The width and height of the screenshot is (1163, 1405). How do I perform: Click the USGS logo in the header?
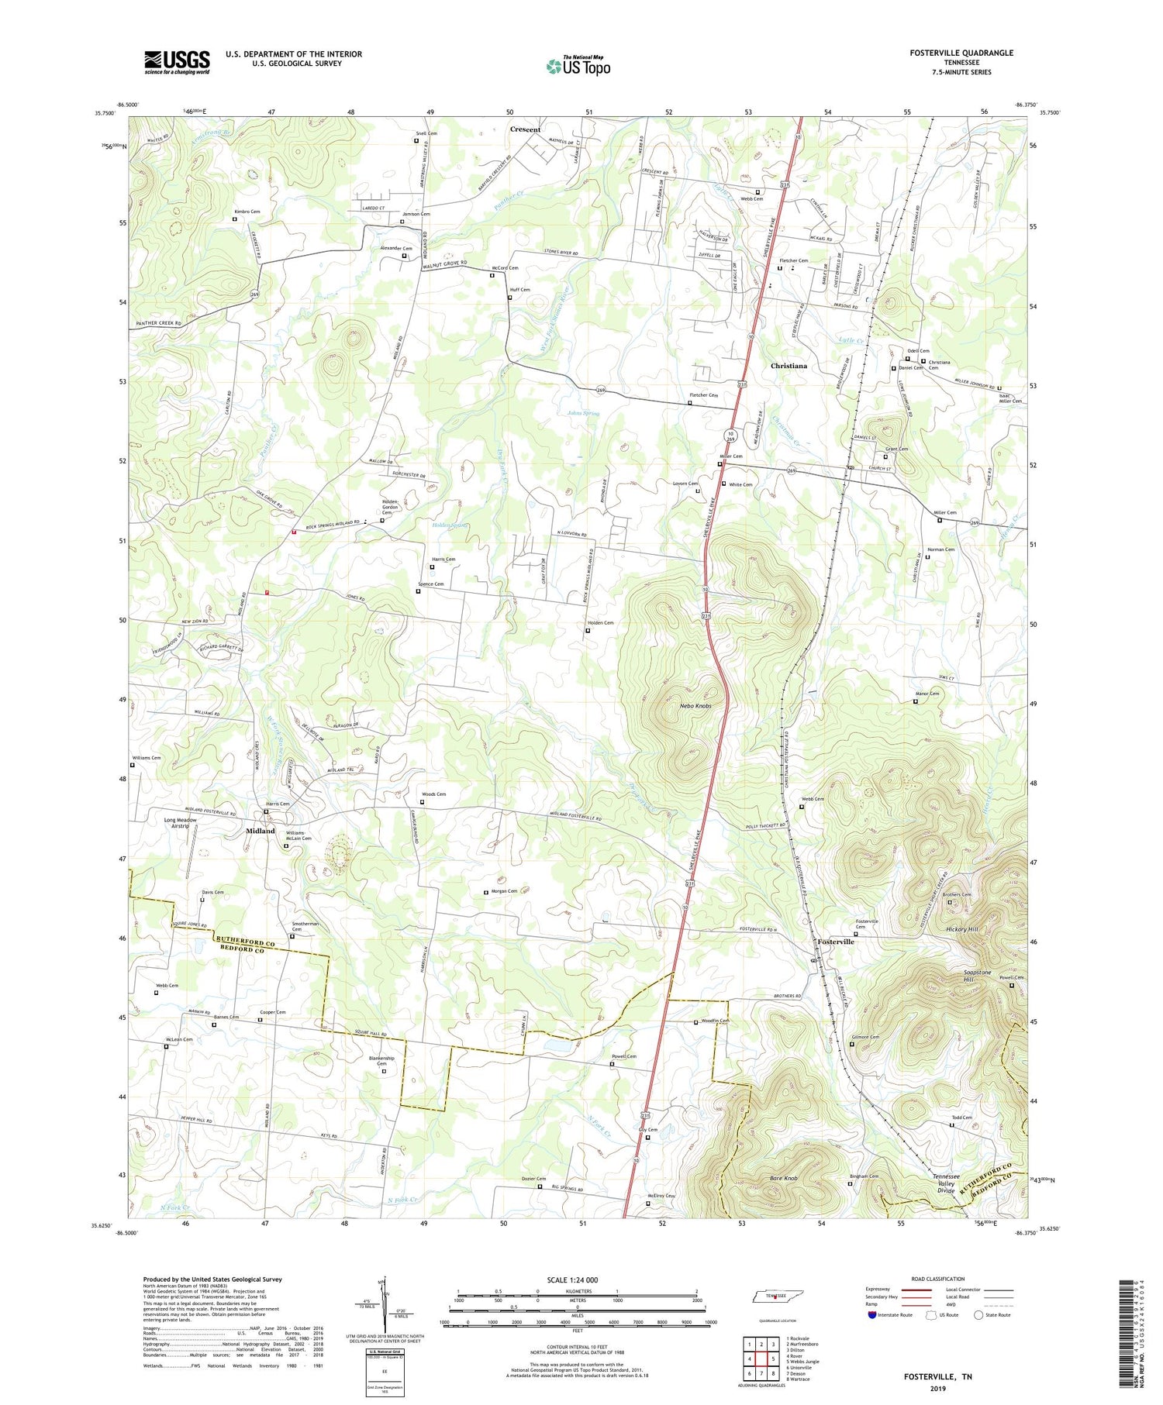(176, 62)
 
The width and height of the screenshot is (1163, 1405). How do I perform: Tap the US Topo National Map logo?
(578, 66)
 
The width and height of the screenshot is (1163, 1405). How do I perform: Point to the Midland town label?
(261, 831)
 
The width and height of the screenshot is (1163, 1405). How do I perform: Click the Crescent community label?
(525, 129)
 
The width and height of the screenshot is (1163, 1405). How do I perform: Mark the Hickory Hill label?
(961, 929)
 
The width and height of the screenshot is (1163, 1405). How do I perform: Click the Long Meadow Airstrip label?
(180, 823)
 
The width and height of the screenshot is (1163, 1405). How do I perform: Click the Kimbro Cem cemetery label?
(247, 212)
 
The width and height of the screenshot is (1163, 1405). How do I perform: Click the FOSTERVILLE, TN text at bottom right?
(937, 1376)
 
